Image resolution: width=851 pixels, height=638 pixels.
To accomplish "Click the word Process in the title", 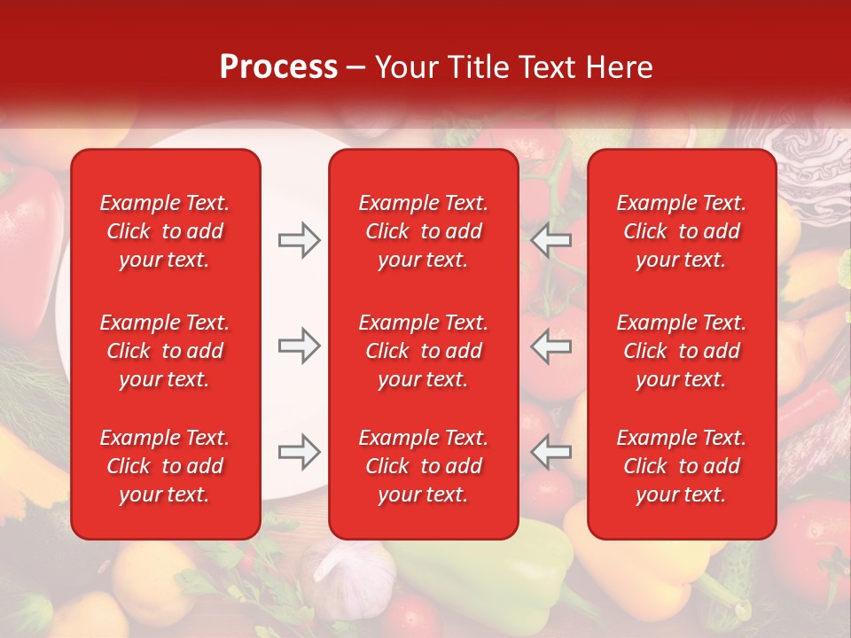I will point(277,67).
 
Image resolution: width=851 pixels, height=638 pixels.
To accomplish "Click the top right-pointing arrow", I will point(299,240).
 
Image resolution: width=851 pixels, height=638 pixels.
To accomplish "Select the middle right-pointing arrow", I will point(299,346).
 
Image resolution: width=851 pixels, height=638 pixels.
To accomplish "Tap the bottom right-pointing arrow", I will point(299,451).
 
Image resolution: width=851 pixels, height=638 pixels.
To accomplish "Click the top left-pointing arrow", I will point(551,240).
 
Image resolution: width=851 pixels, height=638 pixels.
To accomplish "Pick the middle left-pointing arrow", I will point(551,346).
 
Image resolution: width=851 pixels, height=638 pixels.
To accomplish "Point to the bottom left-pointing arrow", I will point(551,451).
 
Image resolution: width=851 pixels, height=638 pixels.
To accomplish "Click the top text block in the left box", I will point(164,231).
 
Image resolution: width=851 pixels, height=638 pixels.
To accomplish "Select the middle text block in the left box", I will point(164,351).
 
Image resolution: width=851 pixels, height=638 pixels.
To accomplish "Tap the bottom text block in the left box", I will point(164,466).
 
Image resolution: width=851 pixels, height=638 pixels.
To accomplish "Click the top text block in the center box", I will point(423,231).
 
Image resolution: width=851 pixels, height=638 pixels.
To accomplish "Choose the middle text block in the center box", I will point(423,351).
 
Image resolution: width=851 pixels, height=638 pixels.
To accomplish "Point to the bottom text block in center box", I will point(423,466).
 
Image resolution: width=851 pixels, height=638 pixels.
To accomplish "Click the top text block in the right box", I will point(681,231).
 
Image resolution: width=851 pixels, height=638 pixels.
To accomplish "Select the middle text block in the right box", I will point(681,351).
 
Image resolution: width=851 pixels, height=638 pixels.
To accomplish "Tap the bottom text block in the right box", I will point(681,466).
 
